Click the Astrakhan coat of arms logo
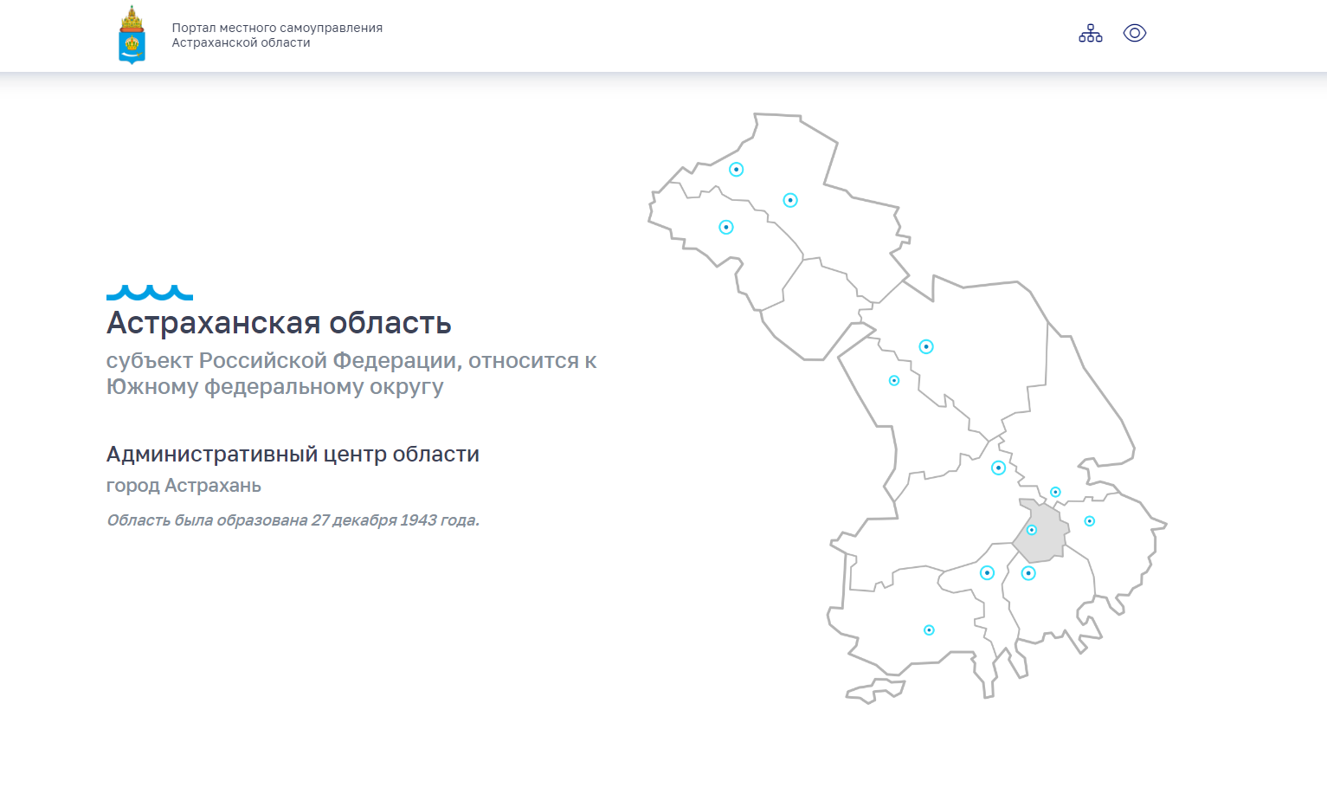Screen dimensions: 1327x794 (132, 35)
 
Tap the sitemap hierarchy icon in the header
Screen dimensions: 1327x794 (1090, 33)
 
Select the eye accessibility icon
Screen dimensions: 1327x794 (1135, 33)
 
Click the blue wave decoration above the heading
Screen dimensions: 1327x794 (149, 293)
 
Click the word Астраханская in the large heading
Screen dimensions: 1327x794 (213, 323)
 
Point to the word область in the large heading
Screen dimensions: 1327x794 (390, 323)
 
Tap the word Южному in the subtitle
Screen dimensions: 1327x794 (152, 387)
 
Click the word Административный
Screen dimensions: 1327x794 (211, 455)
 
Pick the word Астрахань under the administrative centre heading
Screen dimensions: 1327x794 (213, 486)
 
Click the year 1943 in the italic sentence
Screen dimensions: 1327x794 (417, 520)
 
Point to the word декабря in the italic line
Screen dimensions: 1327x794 (364, 521)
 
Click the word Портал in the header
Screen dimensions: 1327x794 (193, 28)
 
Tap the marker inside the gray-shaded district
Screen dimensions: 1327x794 (1031, 530)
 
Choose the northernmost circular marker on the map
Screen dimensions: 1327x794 (736, 170)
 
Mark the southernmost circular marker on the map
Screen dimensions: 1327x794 (929, 629)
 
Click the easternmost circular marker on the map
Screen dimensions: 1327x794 (1090, 521)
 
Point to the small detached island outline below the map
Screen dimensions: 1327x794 (875, 692)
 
